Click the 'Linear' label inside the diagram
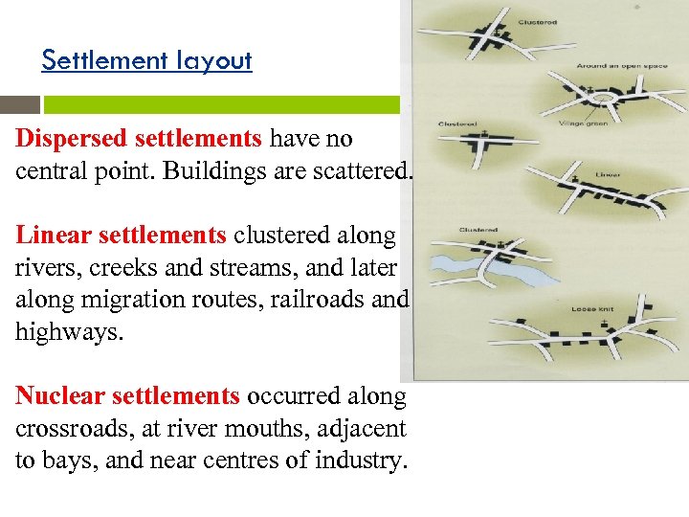pyautogui.click(x=608, y=175)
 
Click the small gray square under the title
pyautogui.click(x=27, y=104)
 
